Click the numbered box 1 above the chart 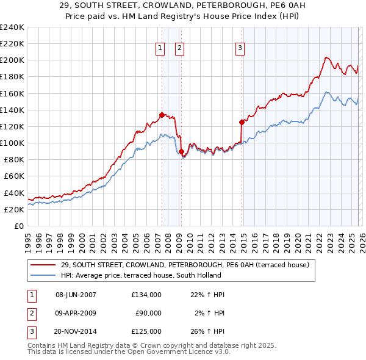(160, 48)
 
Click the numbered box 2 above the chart (180, 48)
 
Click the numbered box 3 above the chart (240, 48)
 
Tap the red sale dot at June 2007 (162, 114)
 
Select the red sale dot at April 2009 (181, 151)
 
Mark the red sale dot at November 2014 (242, 122)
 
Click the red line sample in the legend (43, 265)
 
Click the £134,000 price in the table (146, 295)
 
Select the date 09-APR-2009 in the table (76, 313)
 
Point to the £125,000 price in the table (146, 331)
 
